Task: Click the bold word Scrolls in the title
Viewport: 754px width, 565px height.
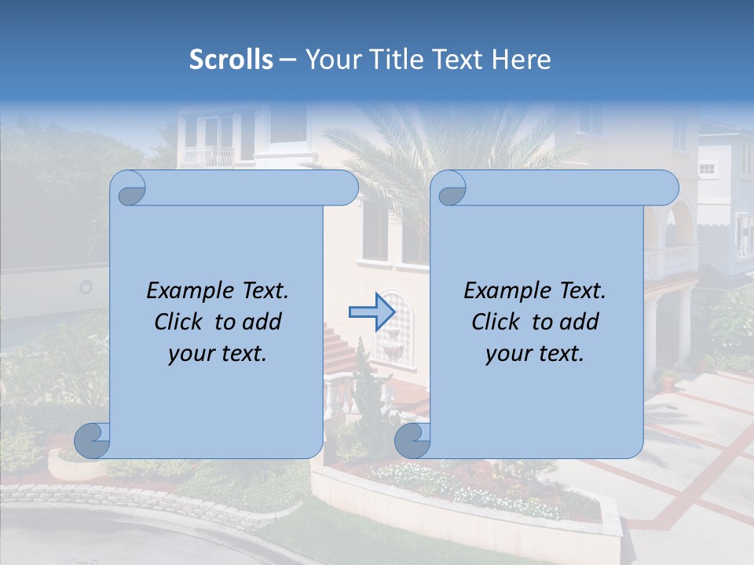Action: [231, 60]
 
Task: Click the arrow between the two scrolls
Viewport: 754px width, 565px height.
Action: [372, 312]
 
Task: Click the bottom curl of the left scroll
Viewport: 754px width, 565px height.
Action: [92, 440]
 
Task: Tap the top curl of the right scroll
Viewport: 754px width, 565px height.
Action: [451, 189]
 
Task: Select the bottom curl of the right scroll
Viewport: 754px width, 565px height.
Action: [412, 440]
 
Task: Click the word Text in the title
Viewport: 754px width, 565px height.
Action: [458, 60]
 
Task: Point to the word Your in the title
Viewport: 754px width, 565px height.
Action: [330, 60]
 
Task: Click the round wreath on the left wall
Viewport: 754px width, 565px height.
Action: [86, 288]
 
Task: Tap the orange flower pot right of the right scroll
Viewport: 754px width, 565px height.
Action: [668, 382]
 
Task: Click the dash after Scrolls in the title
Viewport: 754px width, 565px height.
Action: [287, 60]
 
